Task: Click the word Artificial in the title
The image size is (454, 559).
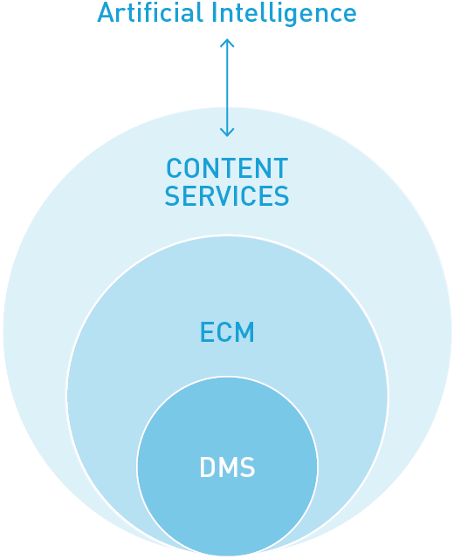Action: coord(150,12)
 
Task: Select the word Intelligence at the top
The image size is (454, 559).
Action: coord(284,14)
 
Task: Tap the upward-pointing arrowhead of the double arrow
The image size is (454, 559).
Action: coord(227,43)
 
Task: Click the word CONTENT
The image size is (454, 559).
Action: coord(227,168)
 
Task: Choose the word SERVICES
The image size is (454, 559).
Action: coord(227,195)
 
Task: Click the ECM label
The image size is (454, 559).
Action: coord(227,332)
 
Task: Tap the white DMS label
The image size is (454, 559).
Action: coord(227,467)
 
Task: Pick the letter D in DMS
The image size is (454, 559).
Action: coord(207,467)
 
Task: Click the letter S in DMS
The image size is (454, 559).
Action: coord(247,467)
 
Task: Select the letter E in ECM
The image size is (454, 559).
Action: coord(207,332)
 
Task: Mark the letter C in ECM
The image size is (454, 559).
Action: coord(224,332)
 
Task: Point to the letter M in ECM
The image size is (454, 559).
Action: coord(244,332)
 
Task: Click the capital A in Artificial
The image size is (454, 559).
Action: coord(107,12)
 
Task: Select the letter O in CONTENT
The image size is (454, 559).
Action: coord(192,168)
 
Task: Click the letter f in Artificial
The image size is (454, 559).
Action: coord(157,12)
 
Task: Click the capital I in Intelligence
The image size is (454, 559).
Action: coord(214,12)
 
